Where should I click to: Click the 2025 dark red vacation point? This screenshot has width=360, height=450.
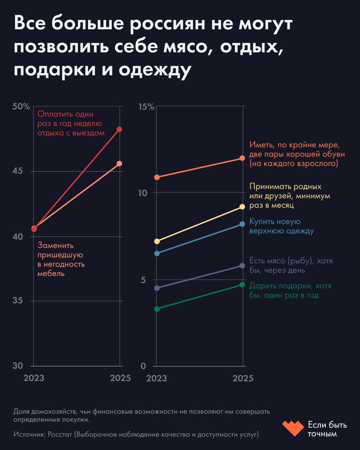point(120,129)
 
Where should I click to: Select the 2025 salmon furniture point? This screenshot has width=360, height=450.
point(120,163)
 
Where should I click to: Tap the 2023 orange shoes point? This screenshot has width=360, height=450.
point(157,177)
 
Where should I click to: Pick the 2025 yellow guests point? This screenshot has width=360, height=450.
point(242,207)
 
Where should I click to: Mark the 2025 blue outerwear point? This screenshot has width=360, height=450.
point(242,224)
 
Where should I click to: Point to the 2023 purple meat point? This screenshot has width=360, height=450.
point(157,288)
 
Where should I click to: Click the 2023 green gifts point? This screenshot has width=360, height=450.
point(157,309)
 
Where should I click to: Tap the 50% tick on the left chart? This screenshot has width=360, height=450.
point(21,107)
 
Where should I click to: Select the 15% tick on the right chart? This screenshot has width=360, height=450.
point(146,107)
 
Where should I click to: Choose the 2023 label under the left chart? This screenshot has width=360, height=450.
point(34,378)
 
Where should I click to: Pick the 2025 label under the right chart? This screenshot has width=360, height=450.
point(243,378)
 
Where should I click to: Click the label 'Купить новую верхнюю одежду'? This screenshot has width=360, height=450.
point(281,226)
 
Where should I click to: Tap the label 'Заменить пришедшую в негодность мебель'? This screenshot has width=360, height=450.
point(61,259)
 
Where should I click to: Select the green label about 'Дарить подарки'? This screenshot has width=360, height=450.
point(290,291)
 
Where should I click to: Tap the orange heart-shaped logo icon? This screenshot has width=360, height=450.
point(292,428)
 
